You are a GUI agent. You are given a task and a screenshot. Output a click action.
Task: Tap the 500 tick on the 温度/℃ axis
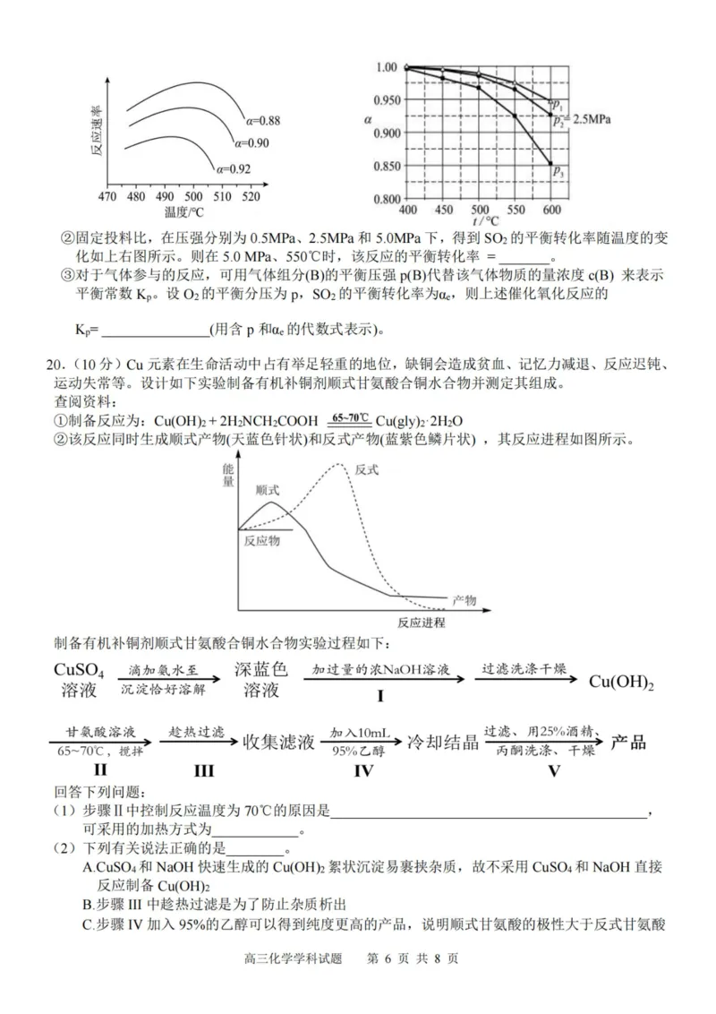192,197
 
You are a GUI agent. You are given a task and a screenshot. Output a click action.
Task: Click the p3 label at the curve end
558,169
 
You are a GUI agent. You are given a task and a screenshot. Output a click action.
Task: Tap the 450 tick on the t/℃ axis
443,209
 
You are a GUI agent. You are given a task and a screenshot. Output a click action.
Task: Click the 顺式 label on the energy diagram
267,490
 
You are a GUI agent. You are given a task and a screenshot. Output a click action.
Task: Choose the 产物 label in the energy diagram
465,598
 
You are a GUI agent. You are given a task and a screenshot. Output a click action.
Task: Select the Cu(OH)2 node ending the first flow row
621,682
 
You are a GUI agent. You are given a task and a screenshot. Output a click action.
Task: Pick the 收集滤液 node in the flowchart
279,742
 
